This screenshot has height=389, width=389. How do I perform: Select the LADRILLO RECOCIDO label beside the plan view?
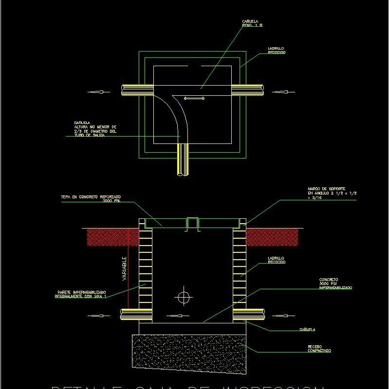pyautogui.click(x=276, y=50)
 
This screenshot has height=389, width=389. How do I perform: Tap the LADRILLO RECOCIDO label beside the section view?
pyautogui.click(x=276, y=260)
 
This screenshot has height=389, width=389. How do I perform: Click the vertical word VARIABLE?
pyautogui.click(x=124, y=268)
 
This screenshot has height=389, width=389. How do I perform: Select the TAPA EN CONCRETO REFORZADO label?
pyautogui.click(x=91, y=198)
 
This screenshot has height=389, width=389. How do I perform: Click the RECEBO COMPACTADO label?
pyautogui.click(x=319, y=348)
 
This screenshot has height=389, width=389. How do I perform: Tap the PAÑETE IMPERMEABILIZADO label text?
pyautogui.click(x=80, y=294)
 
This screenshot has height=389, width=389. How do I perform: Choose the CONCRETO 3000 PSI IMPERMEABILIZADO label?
pyautogui.click(x=335, y=283)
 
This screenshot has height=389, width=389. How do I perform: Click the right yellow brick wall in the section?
pyautogui.click(x=239, y=272)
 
